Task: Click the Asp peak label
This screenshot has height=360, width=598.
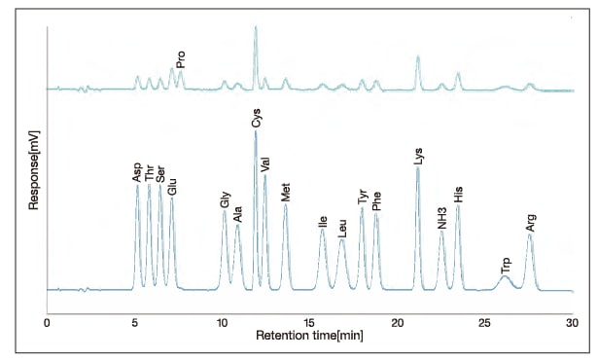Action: [137, 172]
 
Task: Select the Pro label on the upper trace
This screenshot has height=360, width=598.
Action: [181, 58]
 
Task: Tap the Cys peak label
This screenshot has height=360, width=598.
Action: [256, 119]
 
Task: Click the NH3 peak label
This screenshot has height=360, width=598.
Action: [441, 217]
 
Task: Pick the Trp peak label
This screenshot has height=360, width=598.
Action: [505, 264]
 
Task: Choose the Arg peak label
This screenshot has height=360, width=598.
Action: [530, 221]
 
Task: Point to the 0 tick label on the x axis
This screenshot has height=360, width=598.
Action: [47, 321]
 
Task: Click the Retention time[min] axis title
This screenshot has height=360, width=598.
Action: [309, 336]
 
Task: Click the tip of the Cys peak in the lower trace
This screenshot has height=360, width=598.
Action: [256, 131]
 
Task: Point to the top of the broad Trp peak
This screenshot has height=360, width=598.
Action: [504, 277]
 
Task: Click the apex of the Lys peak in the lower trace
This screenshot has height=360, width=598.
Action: [418, 167]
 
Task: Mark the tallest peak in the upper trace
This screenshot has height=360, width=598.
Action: [256, 27]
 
